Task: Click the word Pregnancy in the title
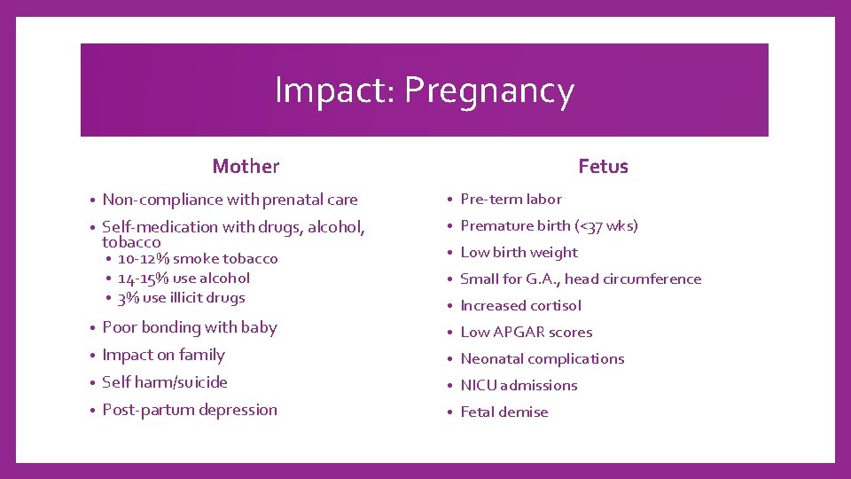[490, 91]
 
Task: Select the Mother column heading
[246, 166]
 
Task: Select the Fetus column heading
[603, 166]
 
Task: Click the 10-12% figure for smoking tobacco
[144, 259]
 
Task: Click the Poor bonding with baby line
[190, 327]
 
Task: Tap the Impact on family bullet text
[163, 355]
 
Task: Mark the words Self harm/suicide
[165, 382]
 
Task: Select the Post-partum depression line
[190, 410]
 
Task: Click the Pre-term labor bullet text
[511, 200]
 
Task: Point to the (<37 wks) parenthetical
[606, 226]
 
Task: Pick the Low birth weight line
[519, 253]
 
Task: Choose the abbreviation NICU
[478, 386]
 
